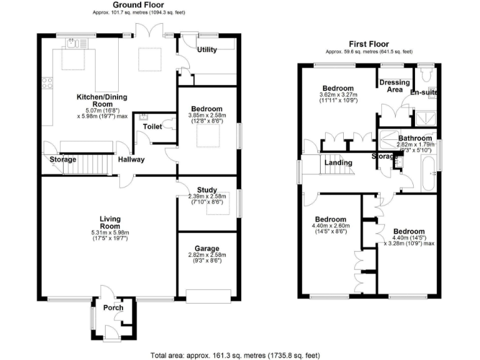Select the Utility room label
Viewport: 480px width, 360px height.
coord(207,49)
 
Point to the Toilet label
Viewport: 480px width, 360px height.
coord(152,126)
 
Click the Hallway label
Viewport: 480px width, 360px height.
coord(131,159)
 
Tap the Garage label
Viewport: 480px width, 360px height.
coord(207,247)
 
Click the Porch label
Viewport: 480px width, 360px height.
coord(112,307)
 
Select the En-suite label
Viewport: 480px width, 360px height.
coord(423,93)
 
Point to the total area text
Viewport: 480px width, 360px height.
coord(235,355)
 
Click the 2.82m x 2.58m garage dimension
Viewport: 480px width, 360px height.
coord(207,255)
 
